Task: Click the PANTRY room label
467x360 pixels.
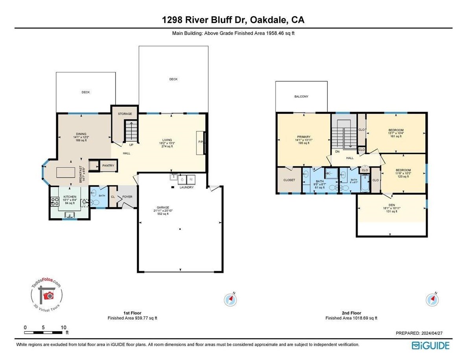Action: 108,166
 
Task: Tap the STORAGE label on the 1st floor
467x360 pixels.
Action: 125,114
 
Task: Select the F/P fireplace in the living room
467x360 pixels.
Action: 200,142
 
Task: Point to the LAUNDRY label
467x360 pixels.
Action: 187,187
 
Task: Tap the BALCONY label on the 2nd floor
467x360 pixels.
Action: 301,96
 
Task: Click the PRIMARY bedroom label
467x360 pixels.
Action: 303,137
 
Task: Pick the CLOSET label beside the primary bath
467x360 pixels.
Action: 289,180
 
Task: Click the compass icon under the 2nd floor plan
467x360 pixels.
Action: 432,300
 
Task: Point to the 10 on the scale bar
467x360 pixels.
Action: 63,327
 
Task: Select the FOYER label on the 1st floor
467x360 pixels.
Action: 127,197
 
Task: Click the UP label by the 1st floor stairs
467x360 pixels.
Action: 131,144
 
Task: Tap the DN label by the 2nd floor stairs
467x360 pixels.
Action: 337,151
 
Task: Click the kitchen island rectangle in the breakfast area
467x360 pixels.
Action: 65,173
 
